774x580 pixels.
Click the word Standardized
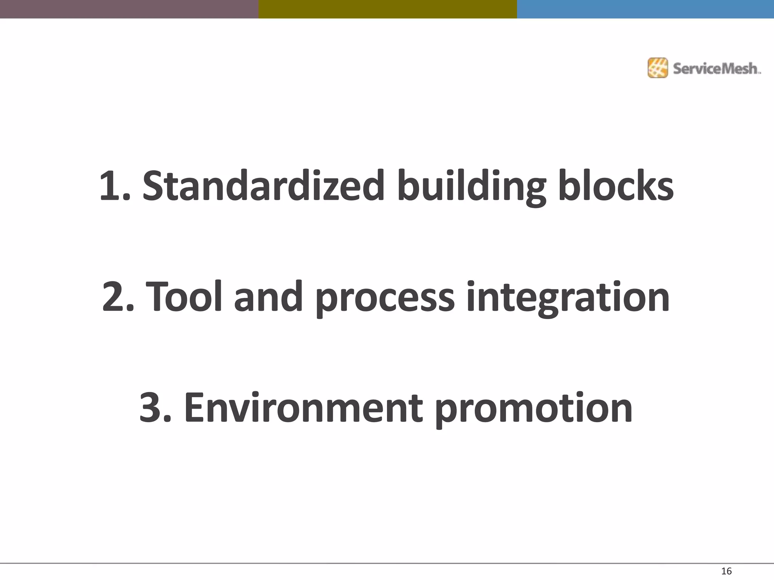263,186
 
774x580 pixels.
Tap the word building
471,186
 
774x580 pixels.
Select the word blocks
616,186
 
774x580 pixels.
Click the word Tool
184,297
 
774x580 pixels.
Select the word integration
568,297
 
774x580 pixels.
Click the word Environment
303,408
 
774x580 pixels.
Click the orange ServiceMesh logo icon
658,68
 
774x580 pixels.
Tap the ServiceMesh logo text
716,69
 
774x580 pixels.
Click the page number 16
726,571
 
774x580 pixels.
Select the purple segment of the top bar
129,9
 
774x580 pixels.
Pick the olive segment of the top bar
388,9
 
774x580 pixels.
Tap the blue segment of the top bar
646,9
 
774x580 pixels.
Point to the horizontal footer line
387,563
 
